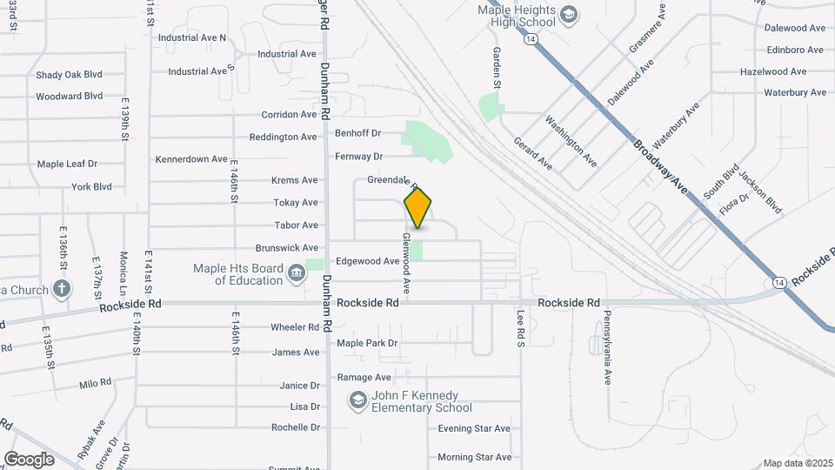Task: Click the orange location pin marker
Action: pyautogui.click(x=418, y=207)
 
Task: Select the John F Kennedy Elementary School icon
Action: pyautogui.click(x=357, y=400)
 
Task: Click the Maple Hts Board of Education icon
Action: pyautogui.click(x=296, y=274)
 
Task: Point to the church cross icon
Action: pyautogui.click(x=62, y=288)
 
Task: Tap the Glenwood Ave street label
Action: pyautogui.click(x=406, y=261)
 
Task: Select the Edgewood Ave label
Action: pyautogui.click(x=368, y=261)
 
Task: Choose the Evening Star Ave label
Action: pyautogui.click(x=474, y=428)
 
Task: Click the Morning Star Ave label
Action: pyautogui.click(x=474, y=457)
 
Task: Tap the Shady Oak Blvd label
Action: pyautogui.click(x=69, y=75)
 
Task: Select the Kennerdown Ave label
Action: pyautogui.click(x=192, y=159)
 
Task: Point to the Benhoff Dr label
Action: pyautogui.click(x=358, y=133)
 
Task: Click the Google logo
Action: pyautogui.click(x=29, y=459)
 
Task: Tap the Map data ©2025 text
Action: pyautogui.click(x=797, y=463)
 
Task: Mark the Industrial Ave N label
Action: pyautogui.click(x=192, y=37)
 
